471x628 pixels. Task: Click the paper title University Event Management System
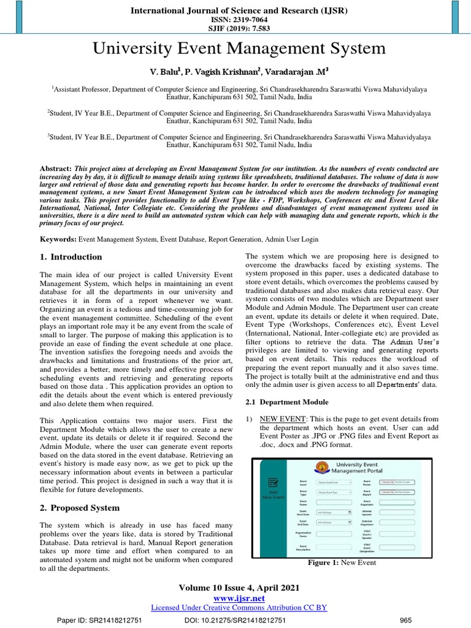coord(239,48)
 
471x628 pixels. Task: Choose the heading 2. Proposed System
coord(80,508)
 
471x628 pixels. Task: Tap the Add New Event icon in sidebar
coord(274,484)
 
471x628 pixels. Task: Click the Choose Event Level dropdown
coord(334,483)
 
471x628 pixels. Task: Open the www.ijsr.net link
coord(239,598)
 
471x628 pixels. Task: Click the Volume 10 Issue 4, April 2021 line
coord(239,588)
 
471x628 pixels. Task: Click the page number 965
coord(405,620)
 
